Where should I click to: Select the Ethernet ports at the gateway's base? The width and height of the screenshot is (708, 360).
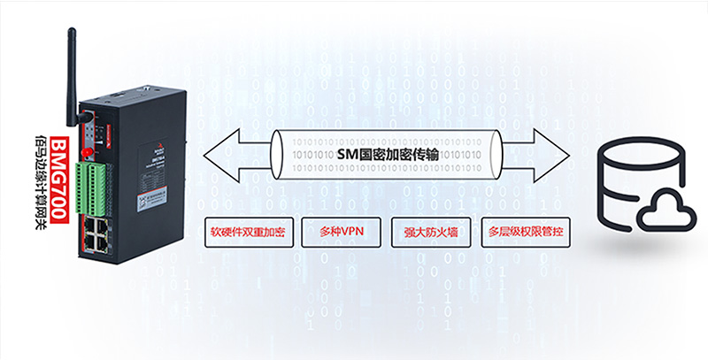click(96, 232)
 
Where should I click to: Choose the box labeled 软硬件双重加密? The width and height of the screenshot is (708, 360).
click(247, 233)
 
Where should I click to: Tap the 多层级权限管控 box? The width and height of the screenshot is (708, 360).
click(526, 233)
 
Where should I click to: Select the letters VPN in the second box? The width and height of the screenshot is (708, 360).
click(351, 233)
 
